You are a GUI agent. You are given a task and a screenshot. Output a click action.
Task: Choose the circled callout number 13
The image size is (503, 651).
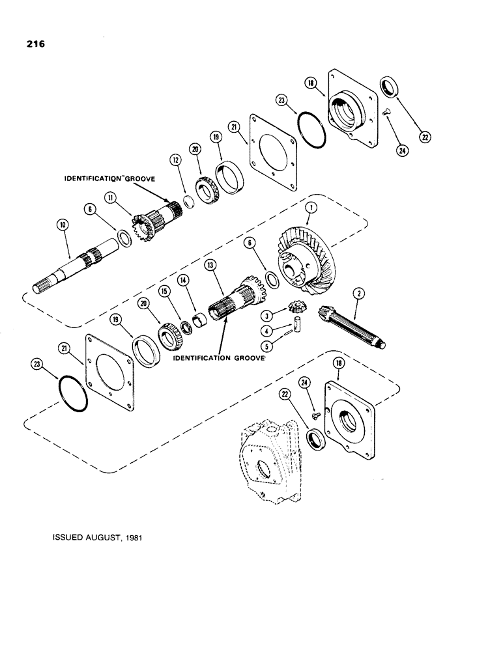click(210, 266)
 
